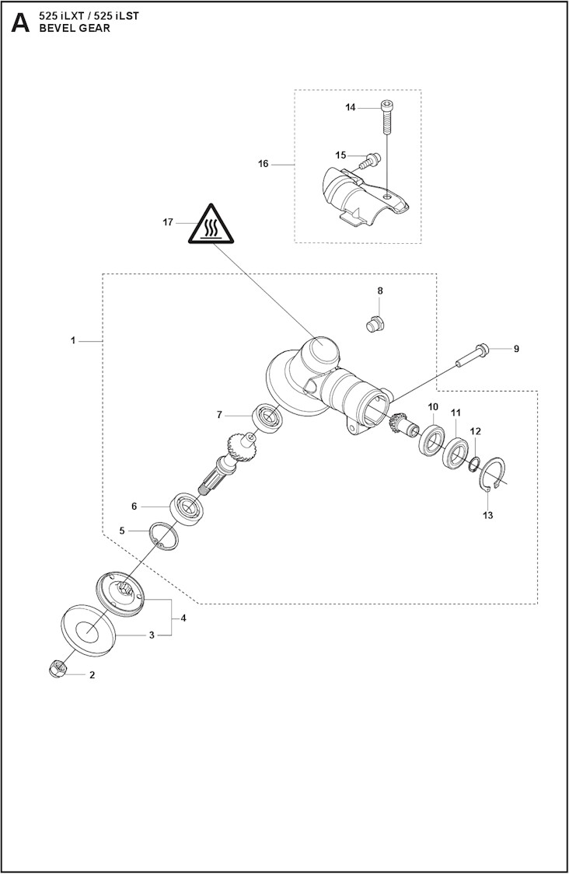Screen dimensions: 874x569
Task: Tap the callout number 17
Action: (168, 222)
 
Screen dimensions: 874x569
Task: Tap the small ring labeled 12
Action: (473, 465)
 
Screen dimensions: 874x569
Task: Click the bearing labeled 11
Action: (455, 453)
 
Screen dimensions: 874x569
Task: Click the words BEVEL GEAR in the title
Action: (75, 29)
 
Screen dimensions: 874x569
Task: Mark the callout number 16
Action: (263, 164)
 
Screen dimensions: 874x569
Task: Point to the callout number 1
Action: (73, 340)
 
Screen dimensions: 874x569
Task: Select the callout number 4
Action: (183, 618)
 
